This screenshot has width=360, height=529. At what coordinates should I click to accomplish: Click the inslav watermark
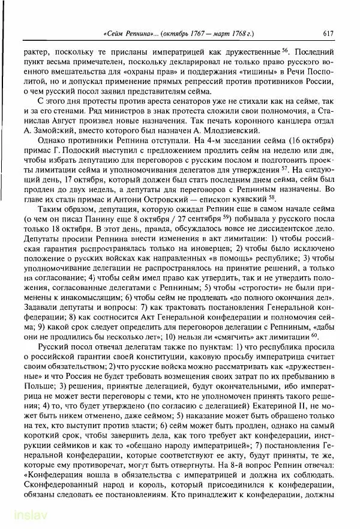[18, 517]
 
